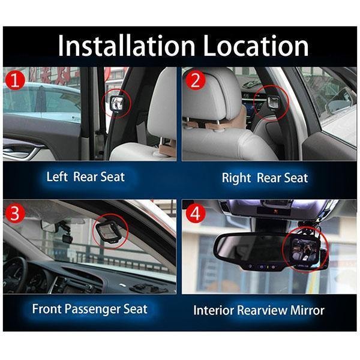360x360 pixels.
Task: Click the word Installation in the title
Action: [127, 46]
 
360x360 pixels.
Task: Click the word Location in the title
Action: [256, 46]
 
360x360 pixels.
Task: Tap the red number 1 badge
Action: [15, 80]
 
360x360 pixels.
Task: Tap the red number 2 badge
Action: [196, 80]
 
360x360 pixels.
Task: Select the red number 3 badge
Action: [14, 213]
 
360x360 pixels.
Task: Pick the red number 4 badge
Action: [195, 214]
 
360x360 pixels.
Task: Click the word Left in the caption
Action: [57, 177]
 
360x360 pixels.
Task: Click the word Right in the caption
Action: [236, 178]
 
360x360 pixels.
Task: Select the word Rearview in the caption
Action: [262, 310]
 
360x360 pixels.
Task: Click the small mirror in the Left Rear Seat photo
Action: [117, 103]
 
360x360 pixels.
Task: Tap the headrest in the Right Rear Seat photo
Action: [212, 95]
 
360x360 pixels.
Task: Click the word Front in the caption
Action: [47, 309]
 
